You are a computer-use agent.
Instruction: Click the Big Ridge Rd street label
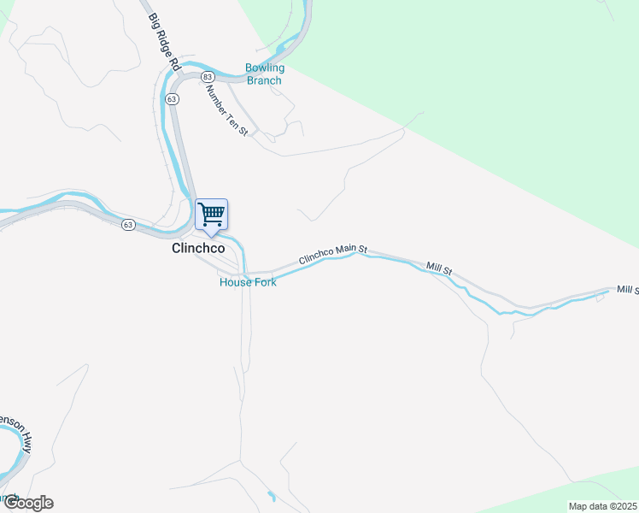click(x=165, y=40)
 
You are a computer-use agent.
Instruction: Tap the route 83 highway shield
click(x=208, y=77)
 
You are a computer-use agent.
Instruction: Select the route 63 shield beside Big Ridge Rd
click(x=173, y=99)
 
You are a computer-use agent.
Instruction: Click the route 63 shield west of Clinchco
click(x=127, y=225)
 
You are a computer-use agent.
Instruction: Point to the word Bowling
click(x=264, y=68)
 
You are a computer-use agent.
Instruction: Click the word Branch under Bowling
click(x=264, y=80)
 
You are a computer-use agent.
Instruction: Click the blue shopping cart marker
click(x=211, y=215)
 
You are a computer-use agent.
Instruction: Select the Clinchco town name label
click(x=197, y=249)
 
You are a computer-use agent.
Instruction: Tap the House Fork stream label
click(x=248, y=282)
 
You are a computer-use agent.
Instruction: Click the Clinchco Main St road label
click(x=332, y=254)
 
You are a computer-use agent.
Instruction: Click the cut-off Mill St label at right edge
click(x=628, y=291)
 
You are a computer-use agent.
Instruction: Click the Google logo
click(x=27, y=503)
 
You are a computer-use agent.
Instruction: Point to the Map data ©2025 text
click(x=602, y=506)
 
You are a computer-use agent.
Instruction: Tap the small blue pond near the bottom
click(x=272, y=496)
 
